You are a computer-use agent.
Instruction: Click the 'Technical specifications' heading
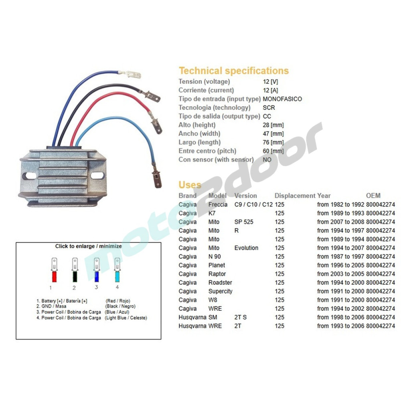pyautogui.click(x=233, y=71)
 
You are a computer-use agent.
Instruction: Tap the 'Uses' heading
pyautogui.click(x=190, y=185)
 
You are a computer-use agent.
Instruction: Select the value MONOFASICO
pyautogui.click(x=282, y=99)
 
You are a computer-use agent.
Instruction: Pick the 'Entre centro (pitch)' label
pyautogui.click(x=207, y=151)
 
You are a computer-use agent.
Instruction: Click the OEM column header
pyautogui.click(x=373, y=196)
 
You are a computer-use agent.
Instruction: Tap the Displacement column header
pyautogui.click(x=295, y=196)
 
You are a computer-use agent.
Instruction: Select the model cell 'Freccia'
pyautogui.click(x=218, y=205)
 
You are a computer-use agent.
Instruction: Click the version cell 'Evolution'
pyautogui.click(x=246, y=248)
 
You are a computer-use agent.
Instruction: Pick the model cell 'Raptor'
pyautogui.click(x=217, y=274)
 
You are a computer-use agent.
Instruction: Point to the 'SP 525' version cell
pyautogui.click(x=244, y=222)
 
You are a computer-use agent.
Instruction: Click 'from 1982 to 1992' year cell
pyautogui.click(x=340, y=205)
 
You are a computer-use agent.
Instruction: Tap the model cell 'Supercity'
pyautogui.click(x=220, y=291)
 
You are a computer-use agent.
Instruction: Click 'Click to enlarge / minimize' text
pyautogui.click(x=88, y=246)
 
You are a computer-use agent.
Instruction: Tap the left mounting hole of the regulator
pyautogui.click(x=29, y=176)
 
